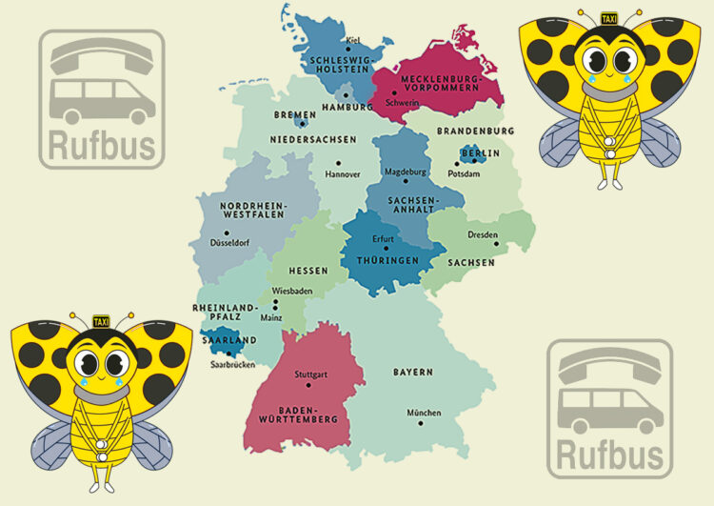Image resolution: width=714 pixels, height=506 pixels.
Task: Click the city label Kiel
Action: (x=354, y=40)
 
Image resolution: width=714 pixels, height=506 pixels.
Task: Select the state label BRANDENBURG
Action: (x=475, y=131)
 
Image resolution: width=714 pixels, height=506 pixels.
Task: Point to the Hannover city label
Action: (x=343, y=174)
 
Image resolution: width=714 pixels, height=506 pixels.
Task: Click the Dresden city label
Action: (x=483, y=234)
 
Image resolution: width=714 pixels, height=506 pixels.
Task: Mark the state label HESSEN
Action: (x=308, y=271)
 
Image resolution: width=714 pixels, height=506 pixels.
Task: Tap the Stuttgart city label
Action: (x=311, y=374)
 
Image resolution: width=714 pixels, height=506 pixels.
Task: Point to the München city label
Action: (x=424, y=413)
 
